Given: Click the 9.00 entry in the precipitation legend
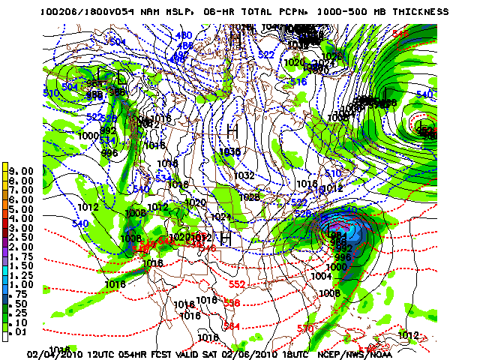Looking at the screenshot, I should click(x=22, y=171).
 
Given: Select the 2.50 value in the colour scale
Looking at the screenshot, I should click(x=22, y=237).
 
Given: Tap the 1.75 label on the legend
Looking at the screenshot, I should click(x=22, y=256).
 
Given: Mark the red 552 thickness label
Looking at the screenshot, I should click(x=237, y=285).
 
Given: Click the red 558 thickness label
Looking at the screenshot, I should click(x=232, y=302).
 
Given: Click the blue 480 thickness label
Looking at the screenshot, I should click(x=184, y=35).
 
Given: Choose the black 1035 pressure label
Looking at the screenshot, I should click(x=229, y=152).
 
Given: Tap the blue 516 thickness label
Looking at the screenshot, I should click(x=298, y=82).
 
